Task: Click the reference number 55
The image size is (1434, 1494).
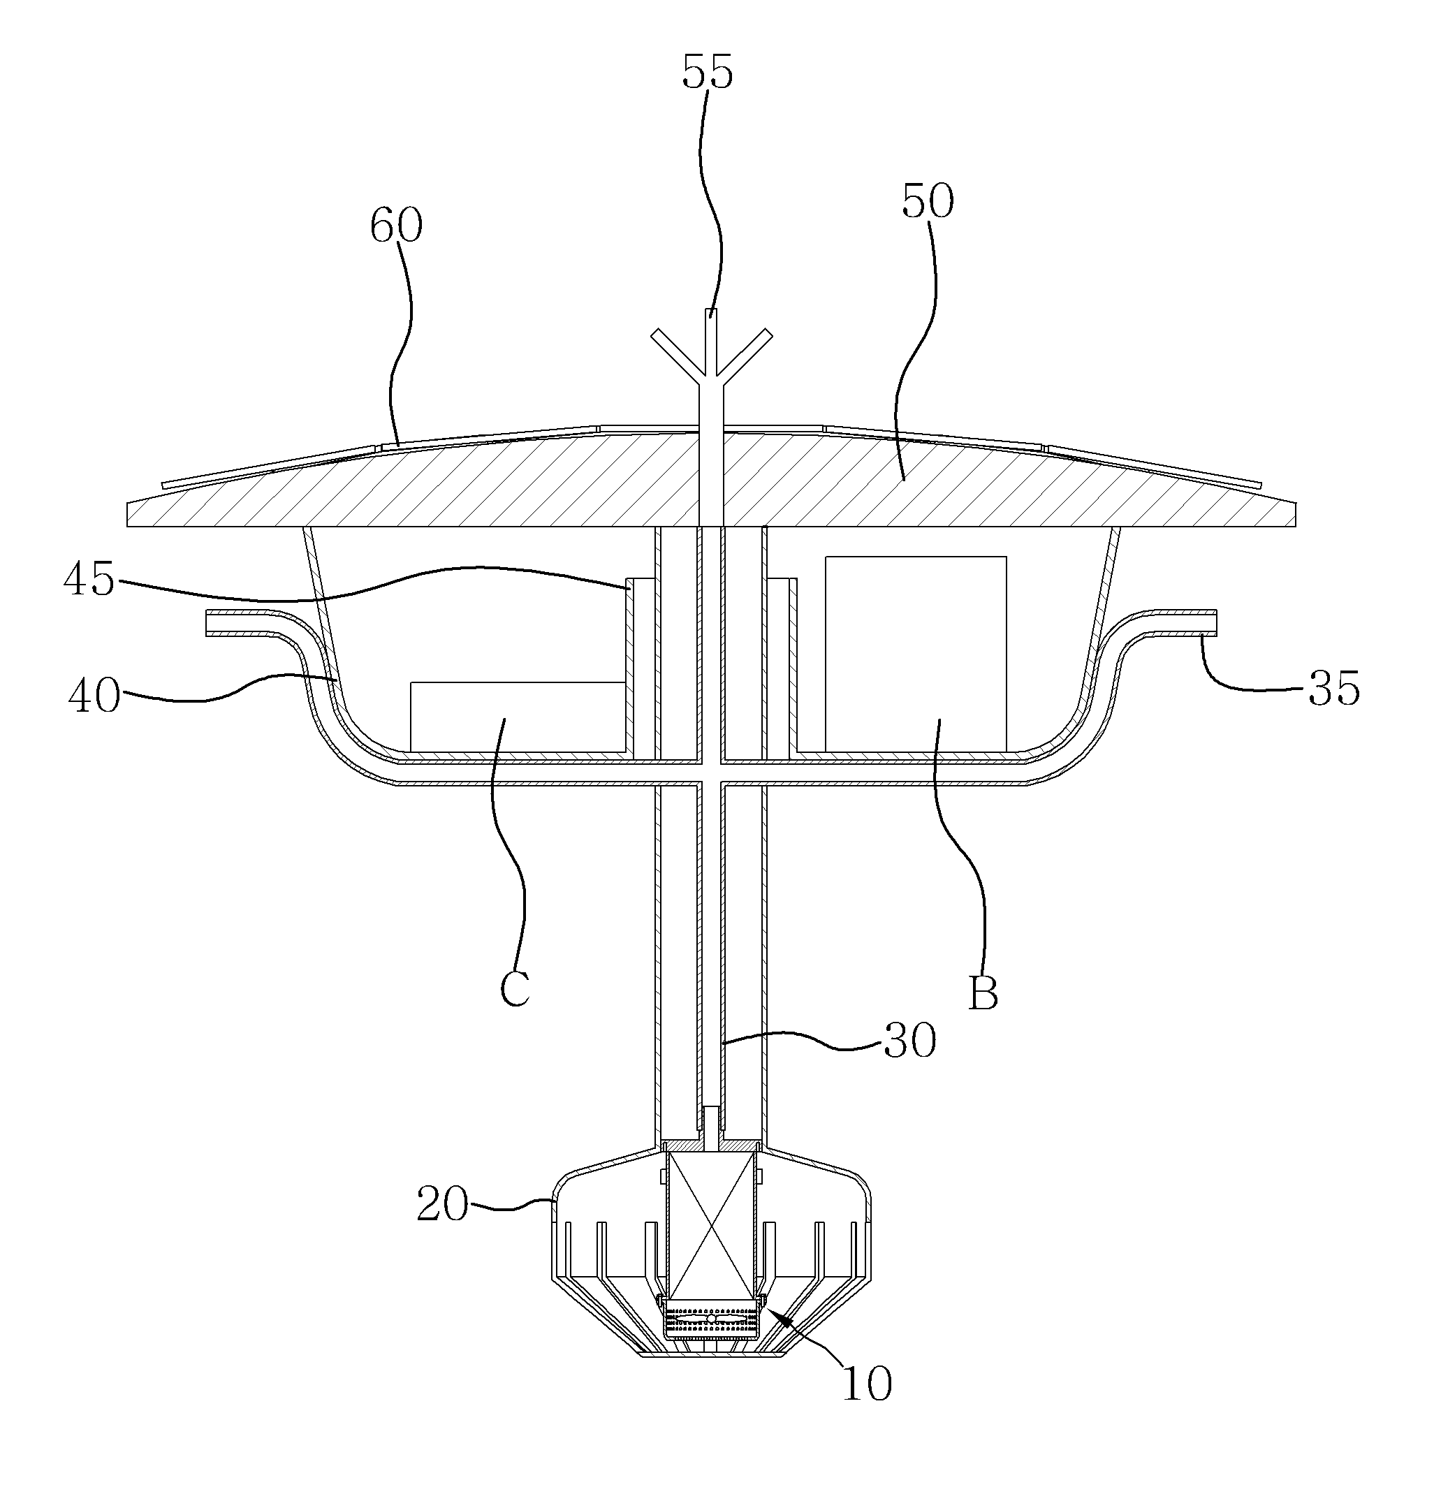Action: [x=707, y=73]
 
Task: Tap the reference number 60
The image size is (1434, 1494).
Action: [x=395, y=226]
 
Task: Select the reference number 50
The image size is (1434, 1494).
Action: [x=928, y=202]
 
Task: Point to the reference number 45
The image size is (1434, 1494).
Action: [x=89, y=580]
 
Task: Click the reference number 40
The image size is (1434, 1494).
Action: [x=94, y=696]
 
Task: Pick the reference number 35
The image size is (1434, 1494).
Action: [x=1334, y=688]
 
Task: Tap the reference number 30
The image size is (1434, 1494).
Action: [x=909, y=1041]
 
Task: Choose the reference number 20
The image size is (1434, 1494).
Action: [x=442, y=1205]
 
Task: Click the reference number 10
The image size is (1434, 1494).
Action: [x=866, y=1383]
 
